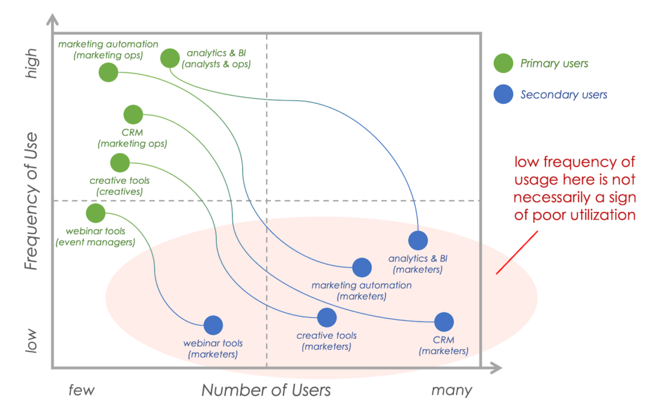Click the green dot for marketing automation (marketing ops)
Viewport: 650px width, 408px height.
[x=109, y=72]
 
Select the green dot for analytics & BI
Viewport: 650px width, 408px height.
[x=169, y=58]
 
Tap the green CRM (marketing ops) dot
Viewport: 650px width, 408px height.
[x=133, y=115]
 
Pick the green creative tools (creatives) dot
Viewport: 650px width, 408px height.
[x=119, y=163]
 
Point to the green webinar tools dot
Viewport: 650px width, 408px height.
[x=95, y=213]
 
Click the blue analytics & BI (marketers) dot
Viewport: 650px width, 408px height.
[x=418, y=240]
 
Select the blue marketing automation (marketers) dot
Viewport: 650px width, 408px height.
[x=362, y=268]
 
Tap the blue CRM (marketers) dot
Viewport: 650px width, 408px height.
[x=444, y=322]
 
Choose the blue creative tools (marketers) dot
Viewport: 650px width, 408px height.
[x=326, y=317]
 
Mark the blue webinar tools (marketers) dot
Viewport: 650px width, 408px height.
[x=213, y=326]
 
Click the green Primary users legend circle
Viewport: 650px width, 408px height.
[x=503, y=63]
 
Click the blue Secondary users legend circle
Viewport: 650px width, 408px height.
[x=503, y=95]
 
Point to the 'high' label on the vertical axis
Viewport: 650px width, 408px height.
[x=32, y=65]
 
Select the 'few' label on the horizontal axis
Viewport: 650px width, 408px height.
[x=81, y=390]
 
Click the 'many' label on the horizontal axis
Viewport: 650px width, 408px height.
[x=451, y=390]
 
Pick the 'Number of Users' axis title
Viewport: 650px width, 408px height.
[x=266, y=390]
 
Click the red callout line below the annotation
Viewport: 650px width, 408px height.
[x=516, y=253]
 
